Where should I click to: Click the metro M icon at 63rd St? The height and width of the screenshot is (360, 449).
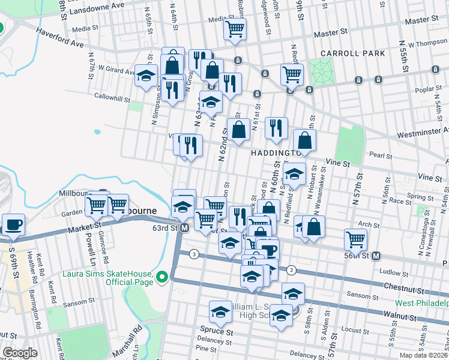(x=185, y=228)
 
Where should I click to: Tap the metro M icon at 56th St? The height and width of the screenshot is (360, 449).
(x=376, y=256)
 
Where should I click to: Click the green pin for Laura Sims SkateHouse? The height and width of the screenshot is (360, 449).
(x=161, y=277)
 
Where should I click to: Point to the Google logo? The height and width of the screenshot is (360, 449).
(x=20, y=353)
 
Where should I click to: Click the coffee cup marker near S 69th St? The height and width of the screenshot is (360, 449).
(x=13, y=226)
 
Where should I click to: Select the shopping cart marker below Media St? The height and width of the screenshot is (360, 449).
(x=235, y=29)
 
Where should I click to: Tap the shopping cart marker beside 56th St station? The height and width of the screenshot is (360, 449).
(x=356, y=239)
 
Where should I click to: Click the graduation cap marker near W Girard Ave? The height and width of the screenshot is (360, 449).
(x=146, y=76)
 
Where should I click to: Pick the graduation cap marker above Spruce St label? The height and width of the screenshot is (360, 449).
(x=221, y=312)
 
